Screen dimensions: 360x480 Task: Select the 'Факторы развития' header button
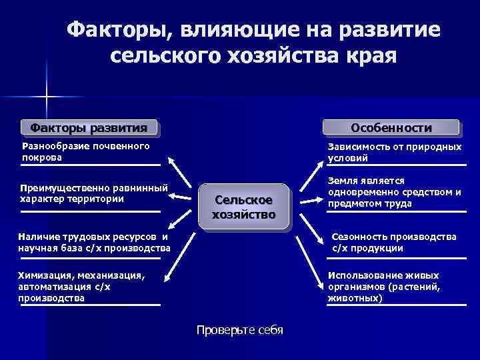pyautogui.click(x=89, y=127)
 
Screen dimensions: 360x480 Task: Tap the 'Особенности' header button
pyautogui.click(x=391, y=127)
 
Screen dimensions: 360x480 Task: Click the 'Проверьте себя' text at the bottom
pyautogui.click(x=239, y=331)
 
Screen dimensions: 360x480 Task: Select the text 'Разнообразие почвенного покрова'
pyautogui.click(x=85, y=152)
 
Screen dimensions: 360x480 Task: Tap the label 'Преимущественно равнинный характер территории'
pyautogui.click(x=93, y=193)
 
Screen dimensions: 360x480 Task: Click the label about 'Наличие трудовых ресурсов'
pyautogui.click(x=94, y=243)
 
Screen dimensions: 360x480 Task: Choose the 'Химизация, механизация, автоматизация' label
pyautogui.click(x=81, y=286)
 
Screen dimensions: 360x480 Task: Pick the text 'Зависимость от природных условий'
pyautogui.click(x=394, y=152)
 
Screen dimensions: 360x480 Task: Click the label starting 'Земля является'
pyautogui.click(x=394, y=193)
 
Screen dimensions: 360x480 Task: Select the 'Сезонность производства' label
pyautogui.click(x=394, y=243)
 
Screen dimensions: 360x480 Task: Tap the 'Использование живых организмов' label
pyautogui.click(x=383, y=286)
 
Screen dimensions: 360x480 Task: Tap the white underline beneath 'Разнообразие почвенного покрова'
pyautogui.click(x=89, y=165)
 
